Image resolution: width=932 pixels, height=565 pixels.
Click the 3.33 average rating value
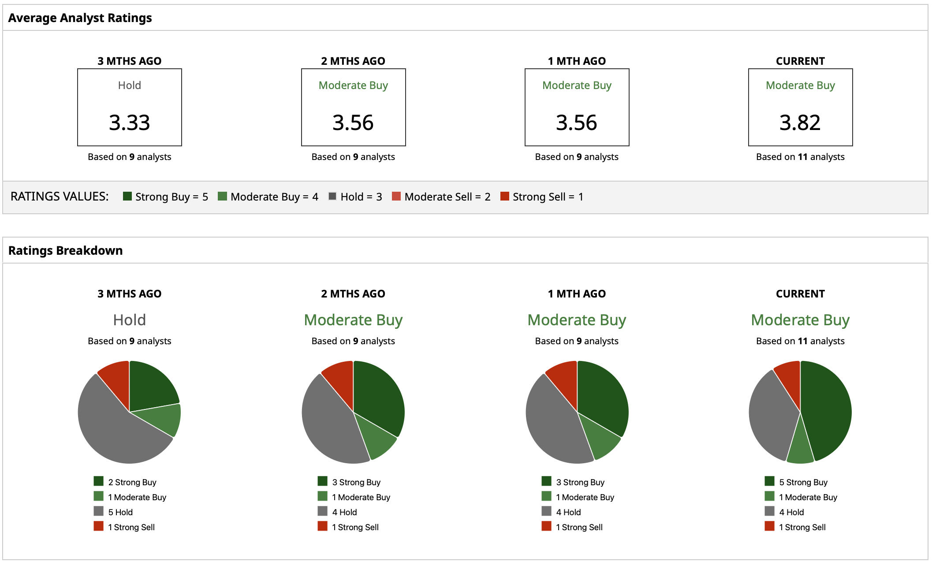point(129,123)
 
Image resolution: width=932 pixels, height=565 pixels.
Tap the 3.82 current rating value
point(800,123)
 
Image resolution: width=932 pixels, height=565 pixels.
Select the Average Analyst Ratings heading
point(80,18)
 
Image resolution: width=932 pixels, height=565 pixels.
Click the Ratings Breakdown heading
point(65,250)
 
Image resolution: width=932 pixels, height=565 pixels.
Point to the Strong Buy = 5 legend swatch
point(127,196)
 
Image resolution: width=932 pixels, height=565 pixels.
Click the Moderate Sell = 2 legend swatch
point(396,196)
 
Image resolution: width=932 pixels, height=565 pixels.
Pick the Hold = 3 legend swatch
point(332,196)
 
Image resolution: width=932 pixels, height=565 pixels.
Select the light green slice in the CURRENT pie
point(800,447)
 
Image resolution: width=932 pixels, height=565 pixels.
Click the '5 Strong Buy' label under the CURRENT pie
point(803,482)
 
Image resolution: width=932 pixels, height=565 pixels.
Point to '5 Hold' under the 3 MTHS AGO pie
point(120,512)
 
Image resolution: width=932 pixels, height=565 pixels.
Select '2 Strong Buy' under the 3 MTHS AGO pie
point(132,482)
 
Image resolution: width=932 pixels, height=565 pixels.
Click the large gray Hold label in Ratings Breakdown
point(129,320)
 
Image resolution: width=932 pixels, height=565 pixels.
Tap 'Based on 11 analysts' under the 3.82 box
point(800,157)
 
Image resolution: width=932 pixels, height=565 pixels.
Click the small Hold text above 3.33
point(129,85)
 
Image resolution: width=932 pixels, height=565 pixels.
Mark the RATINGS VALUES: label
point(60,197)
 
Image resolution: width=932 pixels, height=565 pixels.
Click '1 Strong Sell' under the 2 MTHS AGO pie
point(355,527)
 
